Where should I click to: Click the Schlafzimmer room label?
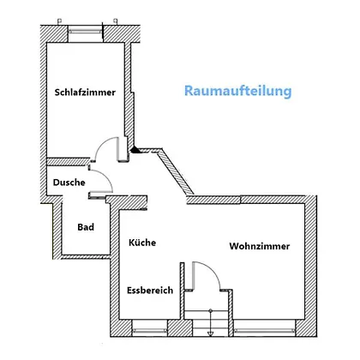pos(85,93)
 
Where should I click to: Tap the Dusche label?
pos(69,183)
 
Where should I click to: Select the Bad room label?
pos(86,227)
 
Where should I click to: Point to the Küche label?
pos(142,243)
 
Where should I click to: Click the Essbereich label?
pos(150,291)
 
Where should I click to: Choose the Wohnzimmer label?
pos(260,246)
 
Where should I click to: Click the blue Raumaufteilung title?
pos(238,91)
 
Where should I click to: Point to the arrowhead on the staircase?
pos(210,333)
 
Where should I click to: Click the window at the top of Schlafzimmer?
pos(86,31)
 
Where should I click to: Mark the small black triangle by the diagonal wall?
pos(135,150)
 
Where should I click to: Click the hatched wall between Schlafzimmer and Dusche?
pos(68,162)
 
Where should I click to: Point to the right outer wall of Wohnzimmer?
pos(310,267)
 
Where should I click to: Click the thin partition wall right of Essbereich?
pos(182,291)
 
